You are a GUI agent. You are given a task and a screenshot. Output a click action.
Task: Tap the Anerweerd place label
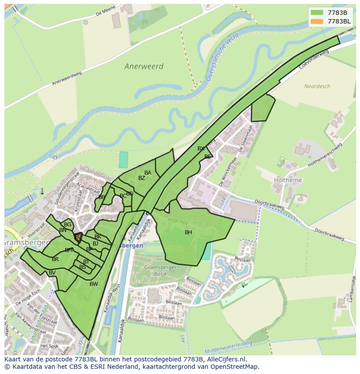(144, 66)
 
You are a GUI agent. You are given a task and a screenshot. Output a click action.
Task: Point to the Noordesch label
(317, 86)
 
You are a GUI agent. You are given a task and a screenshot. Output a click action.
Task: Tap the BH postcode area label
(188, 232)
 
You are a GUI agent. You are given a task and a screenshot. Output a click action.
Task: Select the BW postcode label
(93, 284)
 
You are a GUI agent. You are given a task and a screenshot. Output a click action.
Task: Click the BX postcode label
(200, 149)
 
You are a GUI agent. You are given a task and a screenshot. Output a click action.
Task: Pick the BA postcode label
(148, 173)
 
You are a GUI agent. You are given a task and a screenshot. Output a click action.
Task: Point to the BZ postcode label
(142, 178)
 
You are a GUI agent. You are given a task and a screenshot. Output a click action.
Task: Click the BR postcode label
(55, 259)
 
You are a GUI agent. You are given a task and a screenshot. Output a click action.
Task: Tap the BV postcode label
(52, 273)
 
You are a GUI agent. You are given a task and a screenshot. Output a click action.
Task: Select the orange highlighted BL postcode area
(78, 237)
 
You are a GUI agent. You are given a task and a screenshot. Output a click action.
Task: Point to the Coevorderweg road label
(314, 60)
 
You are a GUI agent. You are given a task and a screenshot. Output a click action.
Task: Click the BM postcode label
(69, 250)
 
